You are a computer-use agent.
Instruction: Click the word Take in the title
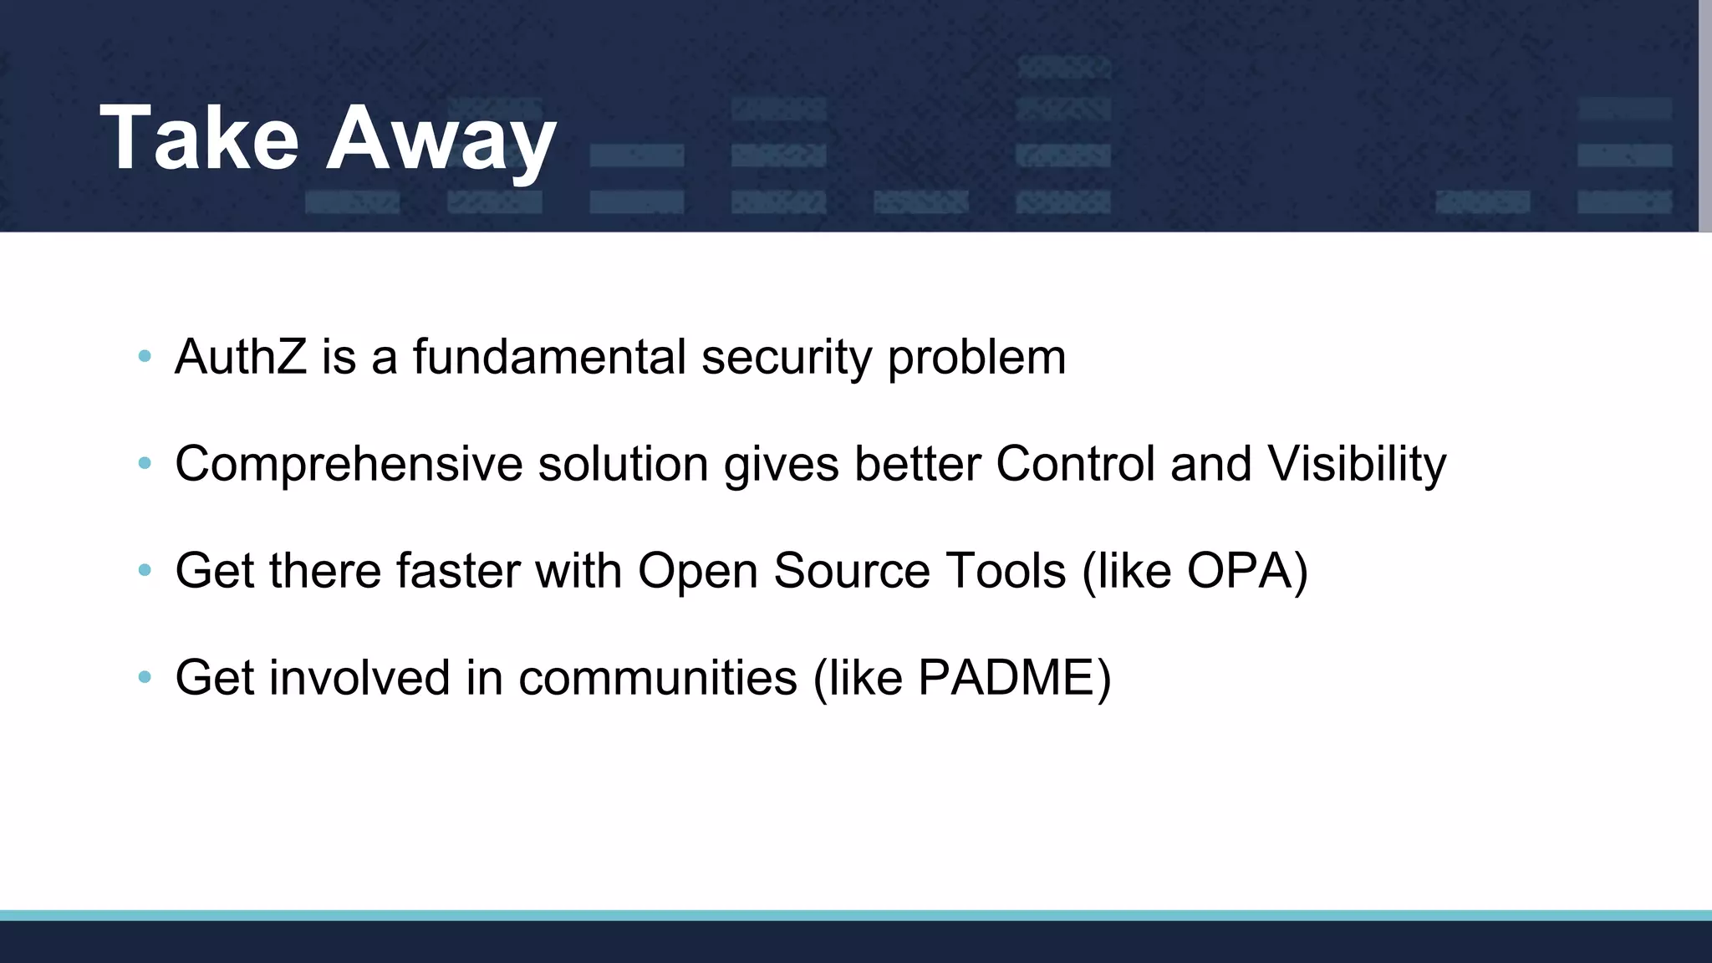point(199,138)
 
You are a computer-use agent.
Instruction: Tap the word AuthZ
point(241,357)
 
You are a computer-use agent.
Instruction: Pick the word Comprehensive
point(349,465)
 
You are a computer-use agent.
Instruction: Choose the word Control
point(1075,463)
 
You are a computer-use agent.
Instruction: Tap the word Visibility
point(1356,465)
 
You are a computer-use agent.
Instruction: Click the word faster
point(458,571)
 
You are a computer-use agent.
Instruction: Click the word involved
point(359,677)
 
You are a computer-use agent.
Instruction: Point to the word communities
point(658,677)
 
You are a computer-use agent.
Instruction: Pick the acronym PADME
point(1006,677)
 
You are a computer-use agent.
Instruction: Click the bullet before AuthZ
point(145,357)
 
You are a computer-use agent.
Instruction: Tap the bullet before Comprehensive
point(145,463)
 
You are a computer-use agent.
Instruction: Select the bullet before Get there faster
point(145,570)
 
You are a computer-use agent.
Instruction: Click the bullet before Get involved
point(145,677)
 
